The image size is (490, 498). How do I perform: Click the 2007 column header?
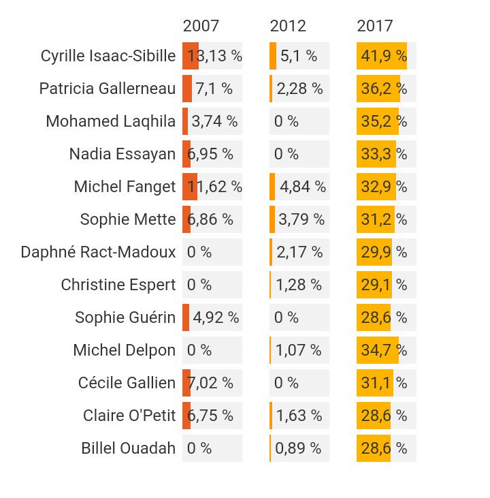point(201,26)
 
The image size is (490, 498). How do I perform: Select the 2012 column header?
point(288,26)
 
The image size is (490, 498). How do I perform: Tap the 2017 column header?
point(375,26)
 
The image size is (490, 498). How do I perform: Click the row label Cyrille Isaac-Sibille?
point(108,56)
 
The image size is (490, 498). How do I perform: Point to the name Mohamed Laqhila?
point(110,121)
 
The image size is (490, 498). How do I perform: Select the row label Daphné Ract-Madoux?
point(98,252)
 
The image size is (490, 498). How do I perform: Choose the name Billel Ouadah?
point(128,448)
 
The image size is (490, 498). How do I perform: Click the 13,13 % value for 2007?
point(214,56)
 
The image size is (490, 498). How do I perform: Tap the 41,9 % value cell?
point(384,56)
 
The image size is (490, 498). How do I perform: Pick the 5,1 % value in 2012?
point(299,56)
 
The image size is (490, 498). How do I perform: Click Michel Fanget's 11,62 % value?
point(214,187)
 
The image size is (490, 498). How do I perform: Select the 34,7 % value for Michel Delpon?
point(384,350)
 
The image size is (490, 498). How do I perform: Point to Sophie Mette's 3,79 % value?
point(301,219)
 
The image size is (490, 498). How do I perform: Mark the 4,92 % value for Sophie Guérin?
point(216,317)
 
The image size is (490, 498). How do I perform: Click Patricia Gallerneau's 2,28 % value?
point(299,89)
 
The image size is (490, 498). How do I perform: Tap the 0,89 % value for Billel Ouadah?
point(298,448)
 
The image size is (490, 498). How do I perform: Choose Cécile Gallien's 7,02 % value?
point(210,383)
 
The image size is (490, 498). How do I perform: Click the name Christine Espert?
point(118,285)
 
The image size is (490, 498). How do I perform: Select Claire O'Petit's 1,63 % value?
point(299,416)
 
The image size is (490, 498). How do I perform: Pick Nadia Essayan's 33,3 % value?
point(384,154)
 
